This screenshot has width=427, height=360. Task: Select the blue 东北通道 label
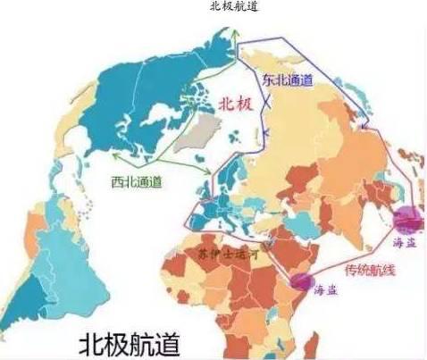pyautogui.click(x=287, y=80)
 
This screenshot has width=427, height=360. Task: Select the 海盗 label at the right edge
pyautogui.click(x=405, y=241)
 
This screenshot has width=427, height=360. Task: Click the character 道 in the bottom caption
pyautogui.click(x=183, y=342)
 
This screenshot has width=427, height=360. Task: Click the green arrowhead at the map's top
pyautogui.click(x=234, y=33)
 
